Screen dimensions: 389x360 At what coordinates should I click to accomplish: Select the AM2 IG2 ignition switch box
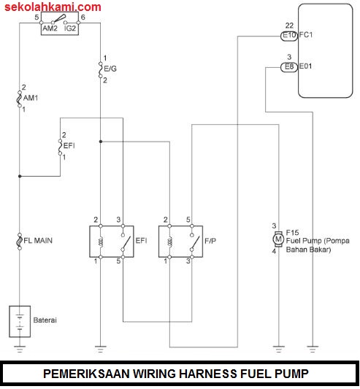coord(60,28)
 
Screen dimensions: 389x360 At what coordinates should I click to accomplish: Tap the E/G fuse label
coord(110,69)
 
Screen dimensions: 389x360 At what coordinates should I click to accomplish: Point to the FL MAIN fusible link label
coord(38,240)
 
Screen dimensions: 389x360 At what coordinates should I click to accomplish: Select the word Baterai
coord(45,320)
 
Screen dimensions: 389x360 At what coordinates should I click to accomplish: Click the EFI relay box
coord(109,240)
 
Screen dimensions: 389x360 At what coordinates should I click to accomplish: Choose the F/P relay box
coord(178,240)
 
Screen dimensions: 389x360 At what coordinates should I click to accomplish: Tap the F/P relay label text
coord(209,240)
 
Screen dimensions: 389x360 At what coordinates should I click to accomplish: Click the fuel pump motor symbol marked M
coord(277,239)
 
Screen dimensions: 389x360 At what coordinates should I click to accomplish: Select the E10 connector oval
coord(289,34)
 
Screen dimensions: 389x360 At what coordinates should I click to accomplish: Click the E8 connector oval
coord(289,66)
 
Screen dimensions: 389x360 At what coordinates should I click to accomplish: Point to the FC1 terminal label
coord(307,34)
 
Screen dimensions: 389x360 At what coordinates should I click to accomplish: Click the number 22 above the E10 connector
coord(289,25)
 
